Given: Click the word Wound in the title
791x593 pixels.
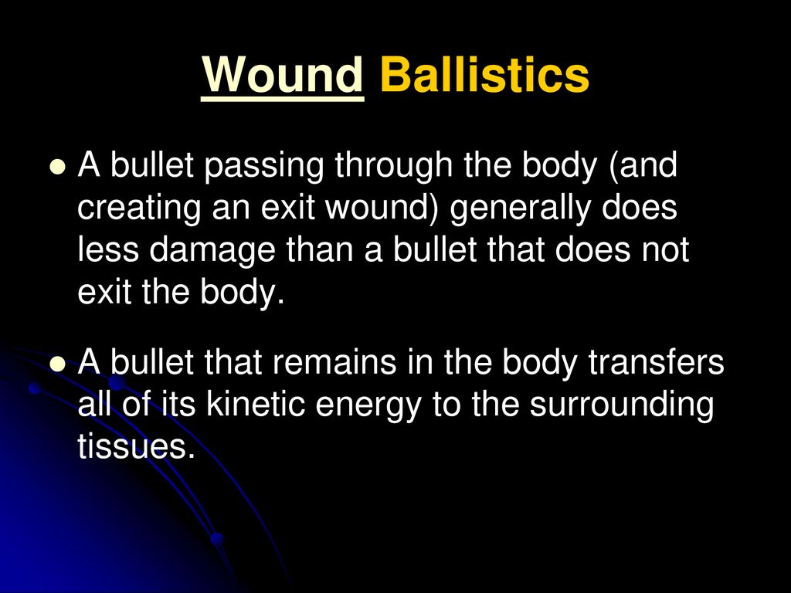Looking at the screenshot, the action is [x=283, y=75].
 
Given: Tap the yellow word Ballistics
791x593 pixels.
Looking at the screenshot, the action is [x=485, y=75].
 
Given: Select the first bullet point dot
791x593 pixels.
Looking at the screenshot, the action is [x=59, y=167].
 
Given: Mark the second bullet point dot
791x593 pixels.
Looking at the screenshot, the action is [x=59, y=363].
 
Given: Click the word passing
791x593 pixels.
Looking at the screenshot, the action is [x=264, y=167].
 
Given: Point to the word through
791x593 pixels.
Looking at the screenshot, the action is [x=393, y=167].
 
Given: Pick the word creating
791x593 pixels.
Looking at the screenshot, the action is [x=139, y=208].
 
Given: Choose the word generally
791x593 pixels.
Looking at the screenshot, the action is [x=520, y=208].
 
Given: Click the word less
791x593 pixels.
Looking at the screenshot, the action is [x=108, y=250].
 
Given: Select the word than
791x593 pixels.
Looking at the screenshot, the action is [x=319, y=250].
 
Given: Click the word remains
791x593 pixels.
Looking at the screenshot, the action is [x=334, y=362].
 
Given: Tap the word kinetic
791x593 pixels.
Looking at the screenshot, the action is [x=256, y=403].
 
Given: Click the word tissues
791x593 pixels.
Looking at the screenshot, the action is [x=136, y=446].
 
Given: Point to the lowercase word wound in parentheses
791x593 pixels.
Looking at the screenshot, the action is [x=382, y=208].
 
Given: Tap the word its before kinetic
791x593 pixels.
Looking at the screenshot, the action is [x=178, y=403].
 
